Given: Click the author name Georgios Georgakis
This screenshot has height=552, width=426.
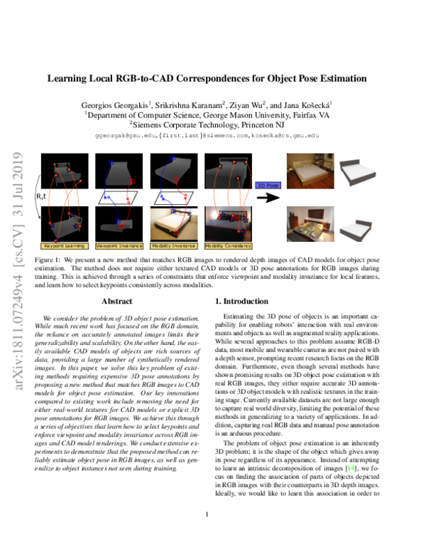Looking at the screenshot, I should pyautogui.click(x=127, y=104).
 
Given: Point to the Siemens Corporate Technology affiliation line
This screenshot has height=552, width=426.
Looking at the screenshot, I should pyautogui.click(x=212, y=123).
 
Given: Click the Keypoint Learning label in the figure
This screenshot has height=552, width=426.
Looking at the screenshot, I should pyautogui.click(x=65, y=245).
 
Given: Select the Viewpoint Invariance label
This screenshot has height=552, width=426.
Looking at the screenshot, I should pyautogui.click(x=116, y=245).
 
